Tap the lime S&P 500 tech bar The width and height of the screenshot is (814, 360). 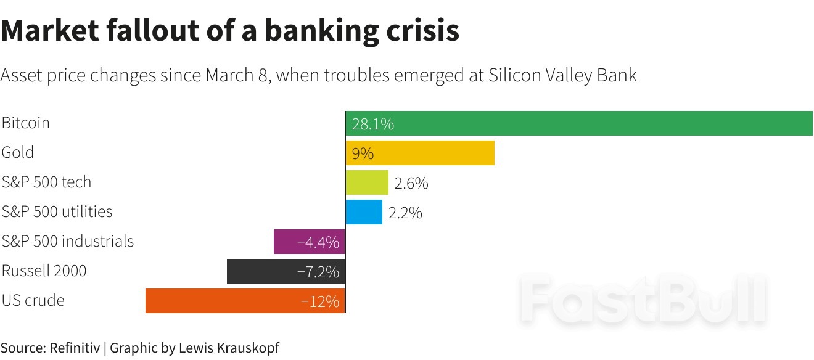367,182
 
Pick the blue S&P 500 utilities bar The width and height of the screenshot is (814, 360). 364,212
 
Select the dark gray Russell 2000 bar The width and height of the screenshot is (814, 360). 259,271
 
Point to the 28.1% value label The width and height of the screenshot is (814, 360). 372,124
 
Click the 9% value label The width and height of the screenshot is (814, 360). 363,153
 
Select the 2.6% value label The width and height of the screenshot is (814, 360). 411,183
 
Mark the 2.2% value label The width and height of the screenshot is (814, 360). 405,213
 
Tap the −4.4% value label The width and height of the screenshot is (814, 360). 318,242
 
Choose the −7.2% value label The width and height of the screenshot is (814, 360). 318,272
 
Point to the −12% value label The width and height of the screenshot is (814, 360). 320,301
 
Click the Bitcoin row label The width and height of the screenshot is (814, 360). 25,123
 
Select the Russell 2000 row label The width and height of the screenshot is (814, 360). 44,271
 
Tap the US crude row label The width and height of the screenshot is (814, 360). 33,300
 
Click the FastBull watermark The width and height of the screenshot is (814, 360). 643,300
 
